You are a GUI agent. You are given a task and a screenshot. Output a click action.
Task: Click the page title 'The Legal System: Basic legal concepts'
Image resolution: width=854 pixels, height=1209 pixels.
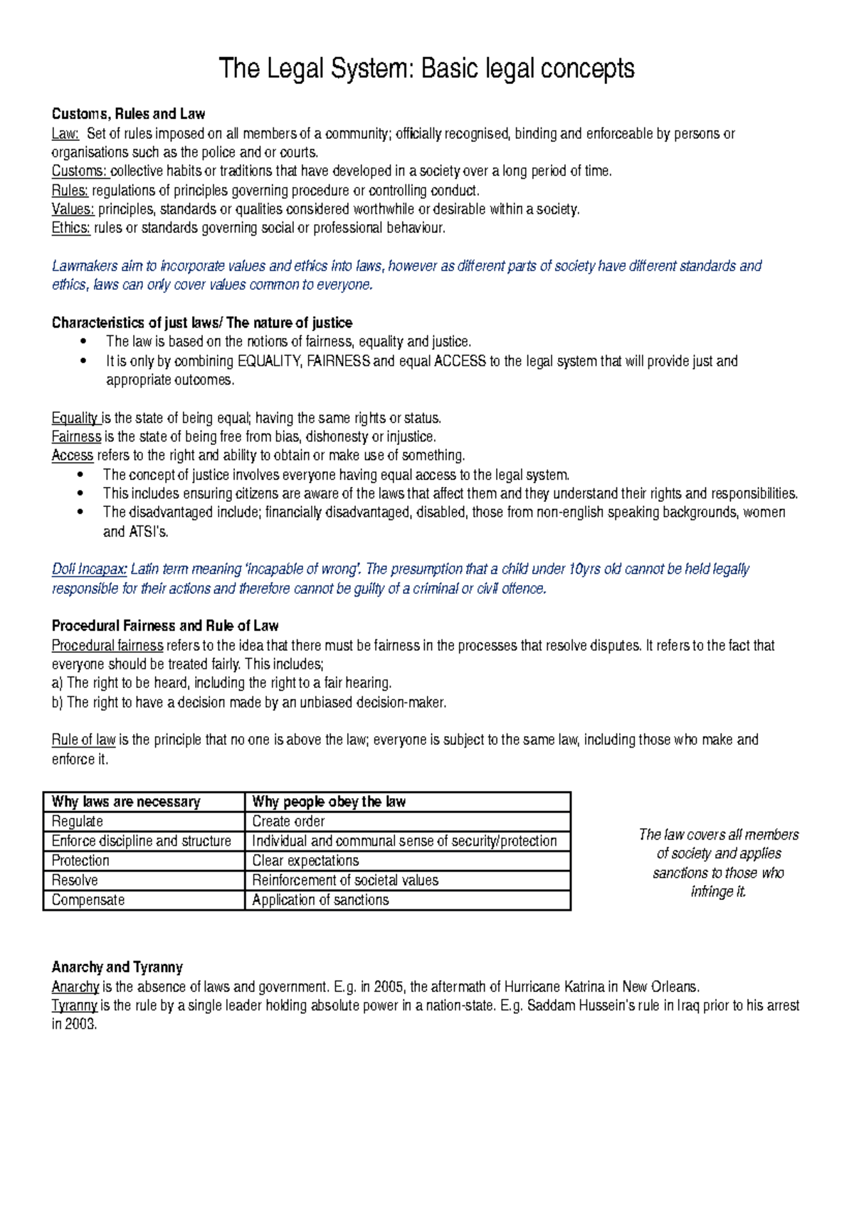pos(426,69)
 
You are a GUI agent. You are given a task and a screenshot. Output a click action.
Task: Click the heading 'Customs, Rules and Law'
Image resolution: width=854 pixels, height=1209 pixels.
pos(128,114)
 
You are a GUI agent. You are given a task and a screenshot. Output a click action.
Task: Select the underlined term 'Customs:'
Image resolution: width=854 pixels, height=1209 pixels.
pos(79,171)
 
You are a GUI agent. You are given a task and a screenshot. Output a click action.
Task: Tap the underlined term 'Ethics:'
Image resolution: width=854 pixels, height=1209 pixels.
pos(70,228)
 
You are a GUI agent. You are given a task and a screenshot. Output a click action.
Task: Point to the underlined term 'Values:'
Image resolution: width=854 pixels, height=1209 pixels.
pos(73,209)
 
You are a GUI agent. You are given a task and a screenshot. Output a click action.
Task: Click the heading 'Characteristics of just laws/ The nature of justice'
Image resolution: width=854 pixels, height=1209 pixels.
pos(202,323)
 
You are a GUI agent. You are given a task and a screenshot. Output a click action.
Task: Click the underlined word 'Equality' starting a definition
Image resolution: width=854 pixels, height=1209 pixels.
pos(75,418)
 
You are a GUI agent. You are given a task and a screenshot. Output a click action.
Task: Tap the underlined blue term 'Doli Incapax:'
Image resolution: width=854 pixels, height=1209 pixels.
pos(89,569)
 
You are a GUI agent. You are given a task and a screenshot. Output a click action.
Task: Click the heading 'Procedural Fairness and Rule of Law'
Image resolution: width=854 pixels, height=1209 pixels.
pos(165,626)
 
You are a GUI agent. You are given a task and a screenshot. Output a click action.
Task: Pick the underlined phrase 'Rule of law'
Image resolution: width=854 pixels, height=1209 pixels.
pos(83,740)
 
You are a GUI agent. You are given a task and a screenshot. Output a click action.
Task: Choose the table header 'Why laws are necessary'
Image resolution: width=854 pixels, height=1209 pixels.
pos(126,802)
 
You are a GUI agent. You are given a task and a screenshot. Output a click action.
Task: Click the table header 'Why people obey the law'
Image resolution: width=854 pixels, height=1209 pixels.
pos(329,802)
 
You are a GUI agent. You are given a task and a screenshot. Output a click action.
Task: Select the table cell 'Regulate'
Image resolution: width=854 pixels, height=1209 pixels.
pos(78,822)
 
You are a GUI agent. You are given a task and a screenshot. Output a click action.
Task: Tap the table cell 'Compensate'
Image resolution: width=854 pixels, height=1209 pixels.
pos(88,900)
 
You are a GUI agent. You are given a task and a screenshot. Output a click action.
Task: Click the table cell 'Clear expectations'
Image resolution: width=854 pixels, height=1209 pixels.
pos(305,861)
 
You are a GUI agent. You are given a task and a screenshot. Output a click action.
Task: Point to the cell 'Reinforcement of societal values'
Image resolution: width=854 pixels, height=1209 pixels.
pos(345,880)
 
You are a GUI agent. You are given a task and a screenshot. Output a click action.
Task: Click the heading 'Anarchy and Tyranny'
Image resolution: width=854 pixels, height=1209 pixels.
pos(117,967)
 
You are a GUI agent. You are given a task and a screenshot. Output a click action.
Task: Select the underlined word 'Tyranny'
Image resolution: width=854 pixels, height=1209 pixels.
pos(75,1005)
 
